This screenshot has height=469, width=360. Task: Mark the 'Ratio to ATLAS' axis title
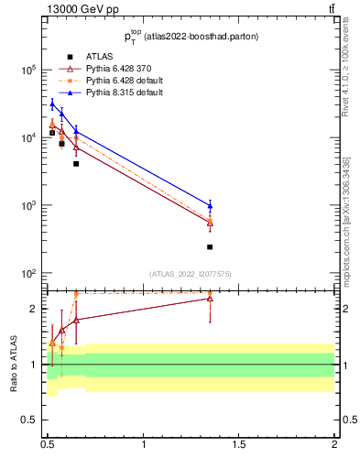click(14, 364)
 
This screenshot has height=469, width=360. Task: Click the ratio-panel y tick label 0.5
click(31, 420)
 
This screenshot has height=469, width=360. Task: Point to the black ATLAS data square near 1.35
click(210, 246)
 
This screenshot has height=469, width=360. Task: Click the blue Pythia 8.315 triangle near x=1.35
click(210, 205)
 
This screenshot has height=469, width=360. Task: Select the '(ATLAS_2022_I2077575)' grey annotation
click(190, 274)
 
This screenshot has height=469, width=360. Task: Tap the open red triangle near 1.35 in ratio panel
click(210, 298)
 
